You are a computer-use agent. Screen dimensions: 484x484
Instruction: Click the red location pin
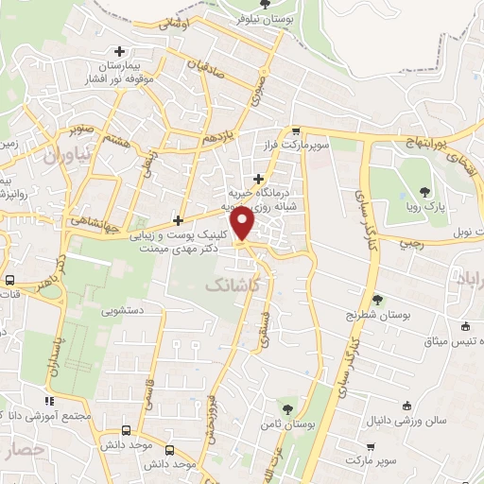pos(244,225)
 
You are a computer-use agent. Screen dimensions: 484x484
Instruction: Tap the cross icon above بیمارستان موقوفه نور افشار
pos(118,52)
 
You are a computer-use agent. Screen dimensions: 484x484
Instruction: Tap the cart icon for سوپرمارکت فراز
pos(296,130)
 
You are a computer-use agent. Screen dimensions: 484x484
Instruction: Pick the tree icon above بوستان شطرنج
pos(377,299)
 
